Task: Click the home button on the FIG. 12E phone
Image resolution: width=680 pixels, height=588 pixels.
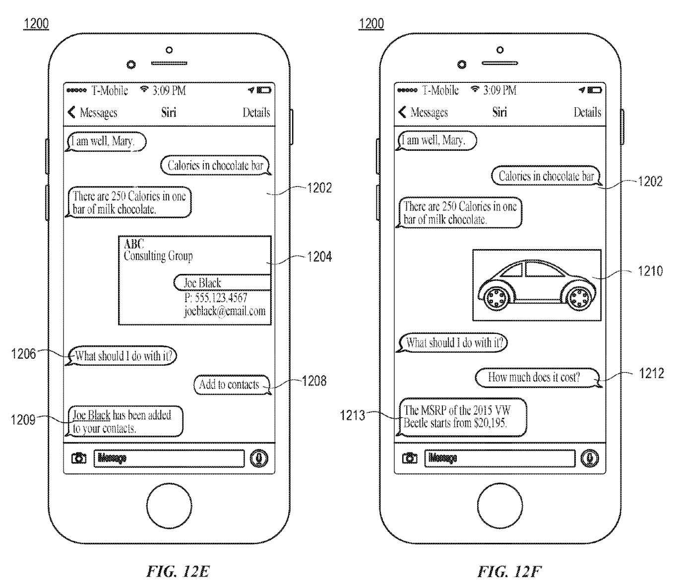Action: [169, 506]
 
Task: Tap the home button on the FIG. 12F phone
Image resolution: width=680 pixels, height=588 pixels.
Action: [500, 506]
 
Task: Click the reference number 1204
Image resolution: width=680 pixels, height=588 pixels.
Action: [319, 257]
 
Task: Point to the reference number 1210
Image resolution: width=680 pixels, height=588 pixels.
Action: [650, 271]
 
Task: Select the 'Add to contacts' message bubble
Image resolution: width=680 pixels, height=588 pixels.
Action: [231, 385]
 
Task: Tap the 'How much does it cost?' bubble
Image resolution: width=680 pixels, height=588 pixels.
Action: [536, 377]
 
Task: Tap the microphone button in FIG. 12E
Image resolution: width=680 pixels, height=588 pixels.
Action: [258, 458]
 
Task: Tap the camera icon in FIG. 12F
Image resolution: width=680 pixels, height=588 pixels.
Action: [410, 458]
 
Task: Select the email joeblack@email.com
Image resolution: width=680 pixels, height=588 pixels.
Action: [225, 311]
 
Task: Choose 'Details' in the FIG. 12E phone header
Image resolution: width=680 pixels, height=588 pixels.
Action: [256, 113]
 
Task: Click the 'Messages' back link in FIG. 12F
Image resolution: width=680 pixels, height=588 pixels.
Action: [424, 113]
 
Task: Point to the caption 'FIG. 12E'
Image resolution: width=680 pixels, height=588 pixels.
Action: [178, 572]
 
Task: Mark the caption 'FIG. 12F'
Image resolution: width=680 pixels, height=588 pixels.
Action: [508, 572]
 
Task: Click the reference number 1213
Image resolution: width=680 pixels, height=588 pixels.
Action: [352, 415]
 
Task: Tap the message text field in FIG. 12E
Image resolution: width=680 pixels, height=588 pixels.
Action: [169, 458]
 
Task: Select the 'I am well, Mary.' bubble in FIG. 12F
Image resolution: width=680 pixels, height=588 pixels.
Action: [436, 140]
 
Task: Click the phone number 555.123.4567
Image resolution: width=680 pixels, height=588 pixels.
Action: [216, 298]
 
